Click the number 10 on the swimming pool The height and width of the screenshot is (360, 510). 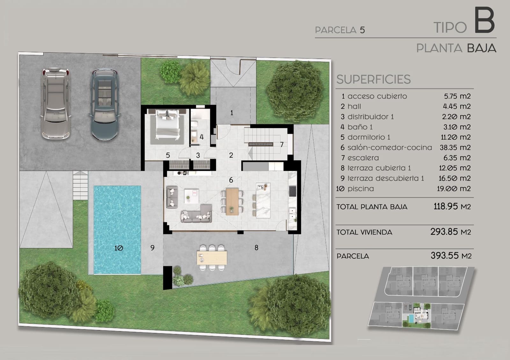(x=119, y=248)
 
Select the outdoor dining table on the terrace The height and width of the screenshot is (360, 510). (x=212, y=258)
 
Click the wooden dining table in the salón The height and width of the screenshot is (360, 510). (x=232, y=201)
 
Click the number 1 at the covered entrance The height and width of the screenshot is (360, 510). (x=232, y=112)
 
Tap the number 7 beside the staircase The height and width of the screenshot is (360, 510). (x=282, y=145)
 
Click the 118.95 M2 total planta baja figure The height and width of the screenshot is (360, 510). (x=452, y=206)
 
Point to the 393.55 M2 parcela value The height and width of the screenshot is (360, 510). (x=451, y=256)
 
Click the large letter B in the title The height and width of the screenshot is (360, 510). (x=484, y=22)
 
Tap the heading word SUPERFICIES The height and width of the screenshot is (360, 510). (x=373, y=79)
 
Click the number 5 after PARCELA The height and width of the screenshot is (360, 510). (x=362, y=30)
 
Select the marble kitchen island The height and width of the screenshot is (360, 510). (x=263, y=200)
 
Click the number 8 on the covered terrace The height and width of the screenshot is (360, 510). (x=256, y=248)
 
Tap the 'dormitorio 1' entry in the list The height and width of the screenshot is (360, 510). (x=369, y=137)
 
